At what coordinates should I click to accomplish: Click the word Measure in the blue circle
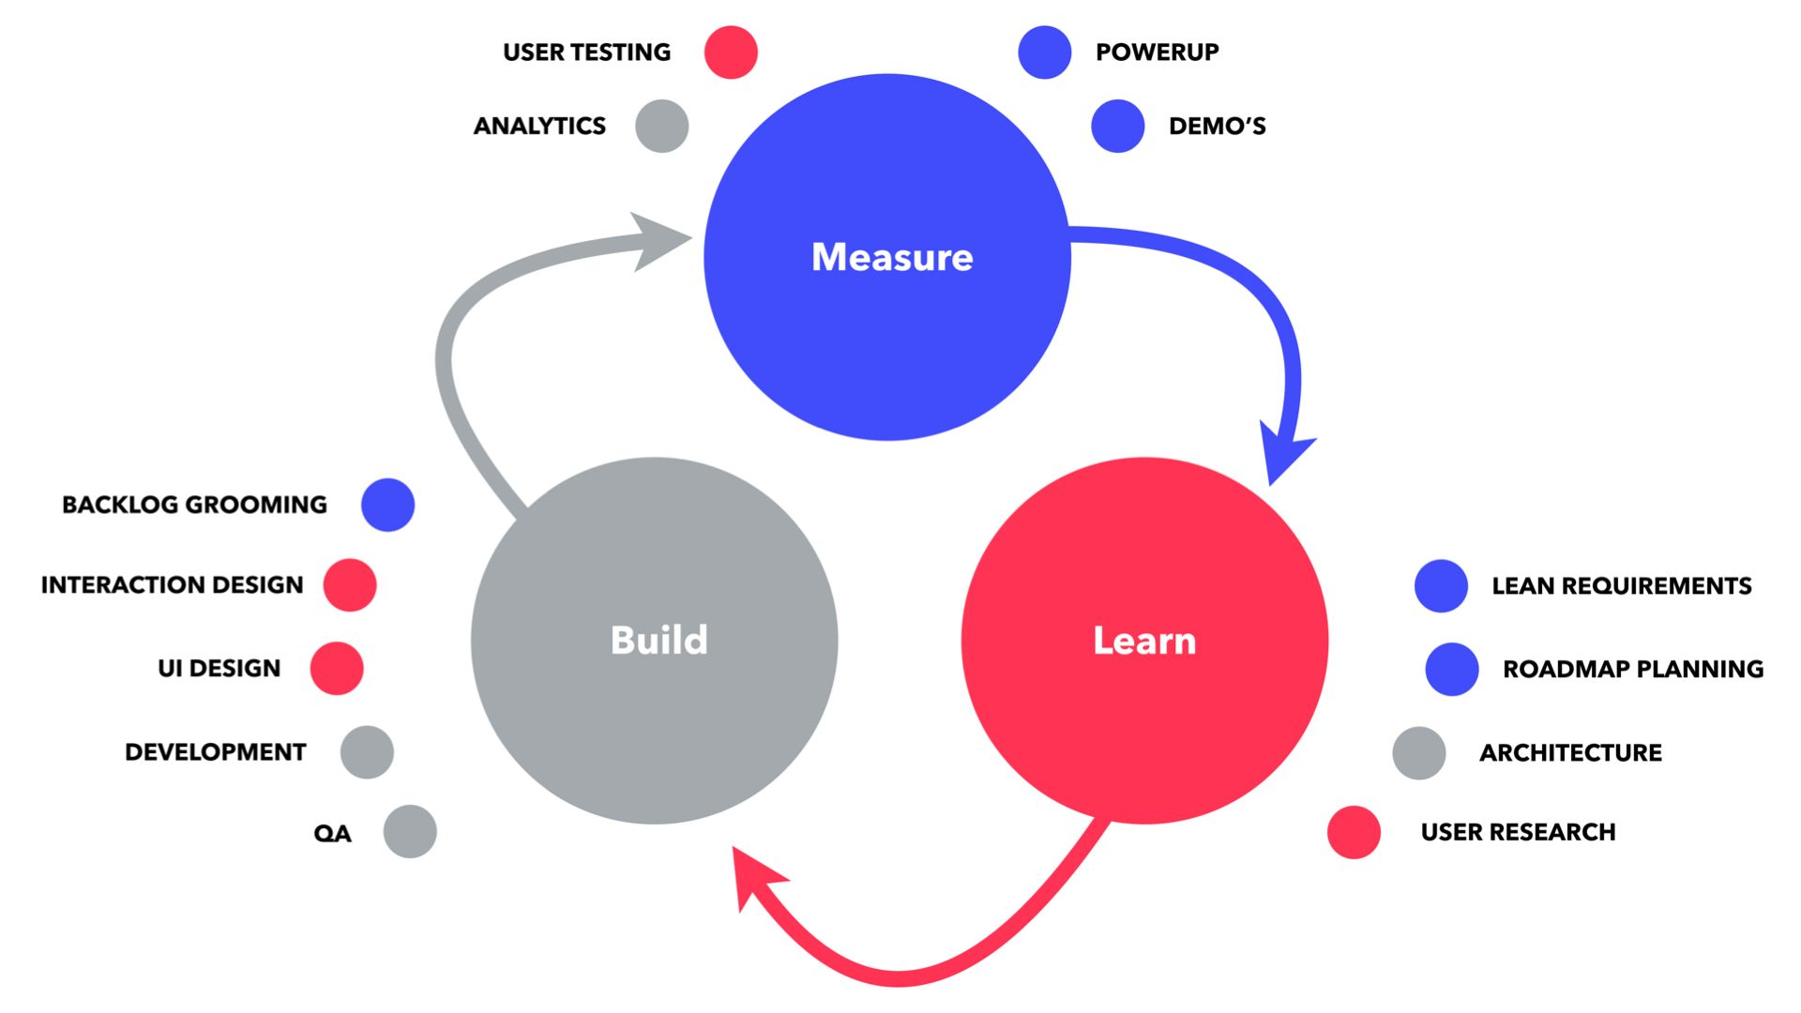point(892,257)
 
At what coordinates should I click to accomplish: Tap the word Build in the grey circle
point(658,640)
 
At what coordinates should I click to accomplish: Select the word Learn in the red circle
point(1144,641)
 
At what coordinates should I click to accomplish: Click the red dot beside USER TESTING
point(731,53)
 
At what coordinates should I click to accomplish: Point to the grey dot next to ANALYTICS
point(661,126)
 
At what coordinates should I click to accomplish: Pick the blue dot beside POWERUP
point(1044,53)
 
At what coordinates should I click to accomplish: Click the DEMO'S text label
point(1217,126)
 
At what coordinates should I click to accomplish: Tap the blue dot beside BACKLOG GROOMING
point(387,505)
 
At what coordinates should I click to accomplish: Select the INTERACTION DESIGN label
point(172,585)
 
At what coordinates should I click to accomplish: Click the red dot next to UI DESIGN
point(337,668)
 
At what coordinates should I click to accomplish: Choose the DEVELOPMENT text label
point(215,752)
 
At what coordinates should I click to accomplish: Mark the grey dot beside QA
point(410,831)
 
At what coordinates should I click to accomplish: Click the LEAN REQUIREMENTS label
point(1621,586)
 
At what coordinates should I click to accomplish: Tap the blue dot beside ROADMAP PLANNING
point(1451,669)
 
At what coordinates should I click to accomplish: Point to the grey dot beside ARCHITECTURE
point(1418,752)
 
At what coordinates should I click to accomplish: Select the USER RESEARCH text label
point(1518,832)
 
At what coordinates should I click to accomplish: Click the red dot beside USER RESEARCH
point(1354,832)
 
